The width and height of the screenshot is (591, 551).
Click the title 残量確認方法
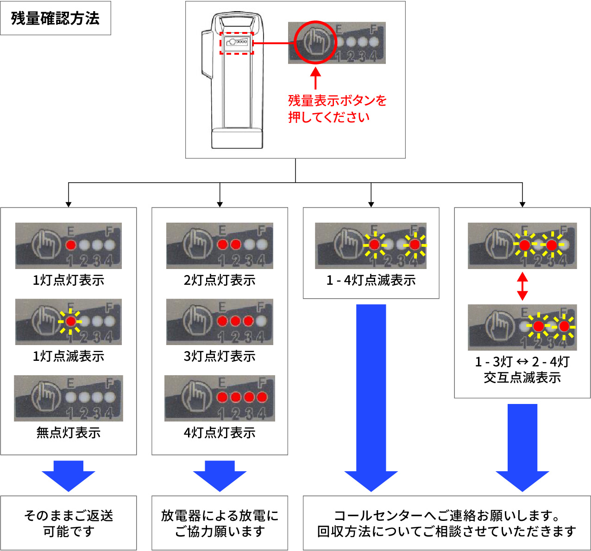tap(55, 18)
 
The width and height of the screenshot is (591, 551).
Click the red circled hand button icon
tap(316, 42)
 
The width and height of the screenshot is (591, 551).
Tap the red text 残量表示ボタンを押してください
tap(337, 109)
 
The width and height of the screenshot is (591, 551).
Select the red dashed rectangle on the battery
tap(236, 43)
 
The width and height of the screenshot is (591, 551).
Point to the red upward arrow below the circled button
tap(315, 78)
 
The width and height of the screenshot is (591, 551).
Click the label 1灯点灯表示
tap(69, 280)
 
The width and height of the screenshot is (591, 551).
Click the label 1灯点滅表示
tap(69, 356)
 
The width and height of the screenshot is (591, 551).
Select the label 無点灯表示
tap(69, 433)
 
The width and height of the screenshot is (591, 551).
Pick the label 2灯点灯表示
tap(220, 280)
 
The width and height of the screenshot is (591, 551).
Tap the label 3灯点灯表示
tap(220, 356)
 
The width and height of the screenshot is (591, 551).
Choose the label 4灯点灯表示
tap(220, 433)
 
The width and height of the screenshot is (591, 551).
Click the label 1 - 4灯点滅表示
tap(371, 280)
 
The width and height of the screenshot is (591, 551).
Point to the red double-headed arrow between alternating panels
tap(522, 286)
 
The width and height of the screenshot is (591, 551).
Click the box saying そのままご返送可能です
tap(69, 523)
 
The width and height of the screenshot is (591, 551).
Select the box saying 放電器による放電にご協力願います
tap(220, 523)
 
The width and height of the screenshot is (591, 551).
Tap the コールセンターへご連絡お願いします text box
tap(446, 523)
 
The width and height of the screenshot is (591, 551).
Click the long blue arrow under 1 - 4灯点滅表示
tap(371, 399)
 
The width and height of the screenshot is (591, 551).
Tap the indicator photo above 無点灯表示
tap(69, 398)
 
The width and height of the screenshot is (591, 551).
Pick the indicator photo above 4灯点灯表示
tap(220, 398)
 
